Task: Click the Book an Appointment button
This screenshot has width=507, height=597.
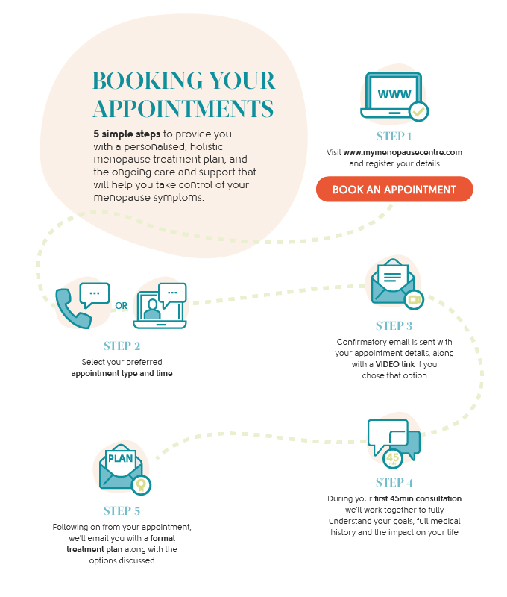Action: point(394,190)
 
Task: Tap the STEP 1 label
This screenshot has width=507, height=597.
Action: point(394,137)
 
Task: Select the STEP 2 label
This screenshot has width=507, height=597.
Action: point(122,346)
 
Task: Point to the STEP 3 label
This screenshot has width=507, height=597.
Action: point(394,326)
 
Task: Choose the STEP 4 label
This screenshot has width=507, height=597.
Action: point(394,482)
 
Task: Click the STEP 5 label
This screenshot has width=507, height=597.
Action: point(122,511)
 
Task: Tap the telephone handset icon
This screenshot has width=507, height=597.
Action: point(73,306)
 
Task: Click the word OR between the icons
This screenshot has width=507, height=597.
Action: point(121,305)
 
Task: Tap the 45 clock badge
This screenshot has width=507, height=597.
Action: point(393,457)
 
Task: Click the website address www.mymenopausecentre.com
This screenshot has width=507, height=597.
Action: point(403,152)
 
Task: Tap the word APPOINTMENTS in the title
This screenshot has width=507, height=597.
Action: point(183,109)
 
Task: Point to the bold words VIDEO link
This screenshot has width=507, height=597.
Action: point(396,364)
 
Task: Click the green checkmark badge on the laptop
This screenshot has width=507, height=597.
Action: point(420,112)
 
